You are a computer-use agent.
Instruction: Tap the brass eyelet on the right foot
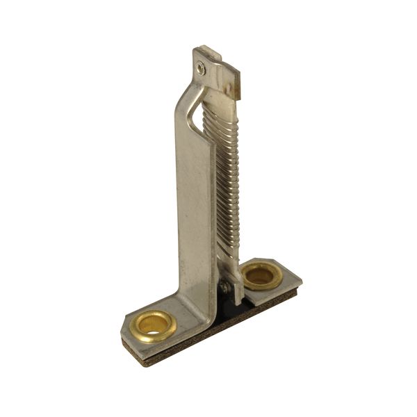[x=261, y=275]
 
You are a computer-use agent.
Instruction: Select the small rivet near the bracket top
[x=201, y=68]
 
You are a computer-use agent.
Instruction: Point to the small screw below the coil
[x=225, y=286]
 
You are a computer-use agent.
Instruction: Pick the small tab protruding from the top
[x=208, y=53]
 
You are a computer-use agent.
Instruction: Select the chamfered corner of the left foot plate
[x=126, y=327]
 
